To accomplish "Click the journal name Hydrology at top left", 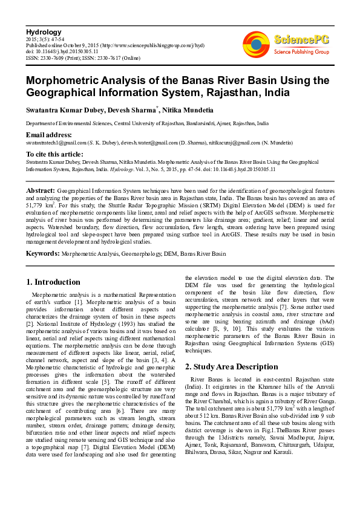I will pos(45,31).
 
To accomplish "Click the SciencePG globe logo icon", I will pos(256,44).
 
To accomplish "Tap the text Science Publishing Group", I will pos(301,53).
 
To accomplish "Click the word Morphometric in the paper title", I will pos(65,80).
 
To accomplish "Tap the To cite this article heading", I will pos(55,154).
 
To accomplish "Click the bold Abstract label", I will pos(41,190).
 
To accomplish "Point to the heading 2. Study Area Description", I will pos(231,366).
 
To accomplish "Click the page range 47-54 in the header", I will pos(61,38).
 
